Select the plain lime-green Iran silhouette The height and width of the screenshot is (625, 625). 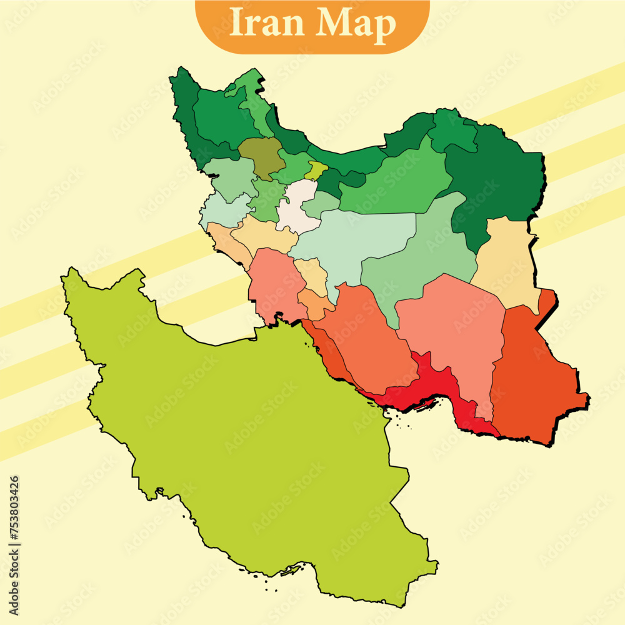click(250, 437)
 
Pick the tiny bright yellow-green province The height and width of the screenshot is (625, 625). click(316, 169)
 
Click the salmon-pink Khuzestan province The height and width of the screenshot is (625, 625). click(272, 284)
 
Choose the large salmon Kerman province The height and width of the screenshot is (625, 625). click(456, 331)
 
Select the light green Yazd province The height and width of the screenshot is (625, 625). click(419, 262)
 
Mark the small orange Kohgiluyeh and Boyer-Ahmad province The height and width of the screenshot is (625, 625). click(314, 303)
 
